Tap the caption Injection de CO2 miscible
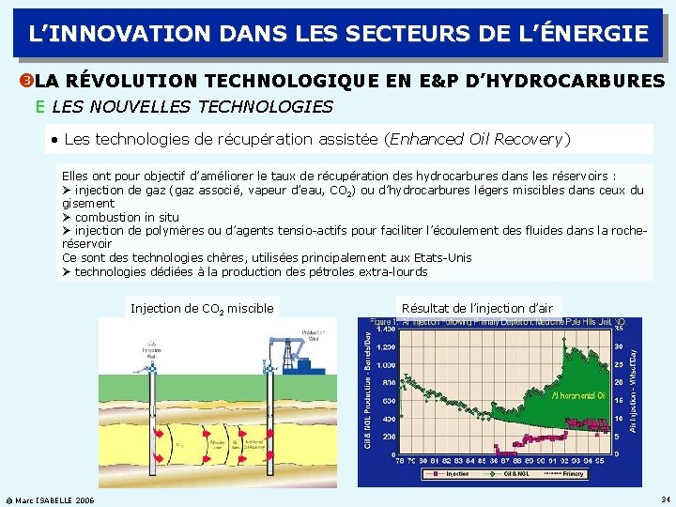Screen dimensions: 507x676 [x=202, y=308]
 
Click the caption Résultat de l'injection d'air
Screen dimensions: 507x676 [x=477, y=308]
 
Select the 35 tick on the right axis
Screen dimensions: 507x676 [x=620, y=329]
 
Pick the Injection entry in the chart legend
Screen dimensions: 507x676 [x=457, y=474]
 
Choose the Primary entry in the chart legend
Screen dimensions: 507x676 [x=571, y=474]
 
